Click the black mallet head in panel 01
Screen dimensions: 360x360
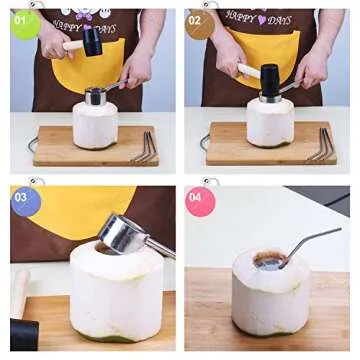92,40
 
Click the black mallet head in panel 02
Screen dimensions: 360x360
269,78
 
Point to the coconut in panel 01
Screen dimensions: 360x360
95,125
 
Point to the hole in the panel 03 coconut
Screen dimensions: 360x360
105,248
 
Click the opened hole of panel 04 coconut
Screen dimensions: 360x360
269,260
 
